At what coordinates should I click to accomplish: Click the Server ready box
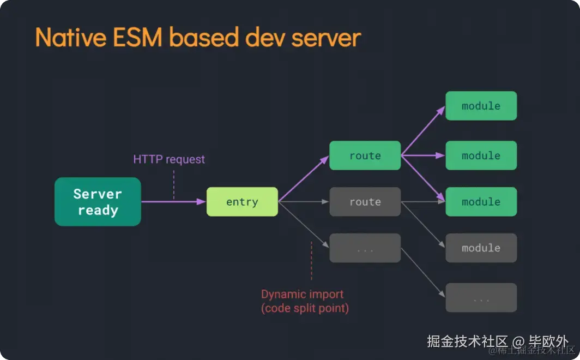tap(98, 202)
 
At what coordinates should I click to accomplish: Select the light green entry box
tap(242, 202)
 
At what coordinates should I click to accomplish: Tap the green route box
tap(365, 155)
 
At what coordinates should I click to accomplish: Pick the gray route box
tap(365, 202)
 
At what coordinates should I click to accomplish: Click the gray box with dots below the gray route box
tap(365, 248)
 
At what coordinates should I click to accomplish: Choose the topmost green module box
tap(481, 106)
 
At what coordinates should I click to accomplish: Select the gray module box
tap(481, 248)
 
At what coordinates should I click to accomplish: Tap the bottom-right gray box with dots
tap(481, 297)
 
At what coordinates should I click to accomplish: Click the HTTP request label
tap(169, 159)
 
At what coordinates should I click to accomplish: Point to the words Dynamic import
tap(302, 294)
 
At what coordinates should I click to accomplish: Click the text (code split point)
tap(305, 308)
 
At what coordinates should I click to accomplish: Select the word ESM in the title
tap(137, 38)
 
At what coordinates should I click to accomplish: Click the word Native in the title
tap(71, 38)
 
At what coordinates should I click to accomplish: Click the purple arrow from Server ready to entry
tap(173, 202)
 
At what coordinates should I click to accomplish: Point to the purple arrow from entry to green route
tap(303, 179)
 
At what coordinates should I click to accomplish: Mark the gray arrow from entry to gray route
tap(303, 202)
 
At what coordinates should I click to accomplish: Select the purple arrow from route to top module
tap(423, 130)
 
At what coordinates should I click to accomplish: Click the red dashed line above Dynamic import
tap(311, 261)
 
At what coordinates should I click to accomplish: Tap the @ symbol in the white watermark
tap(518, 341)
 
